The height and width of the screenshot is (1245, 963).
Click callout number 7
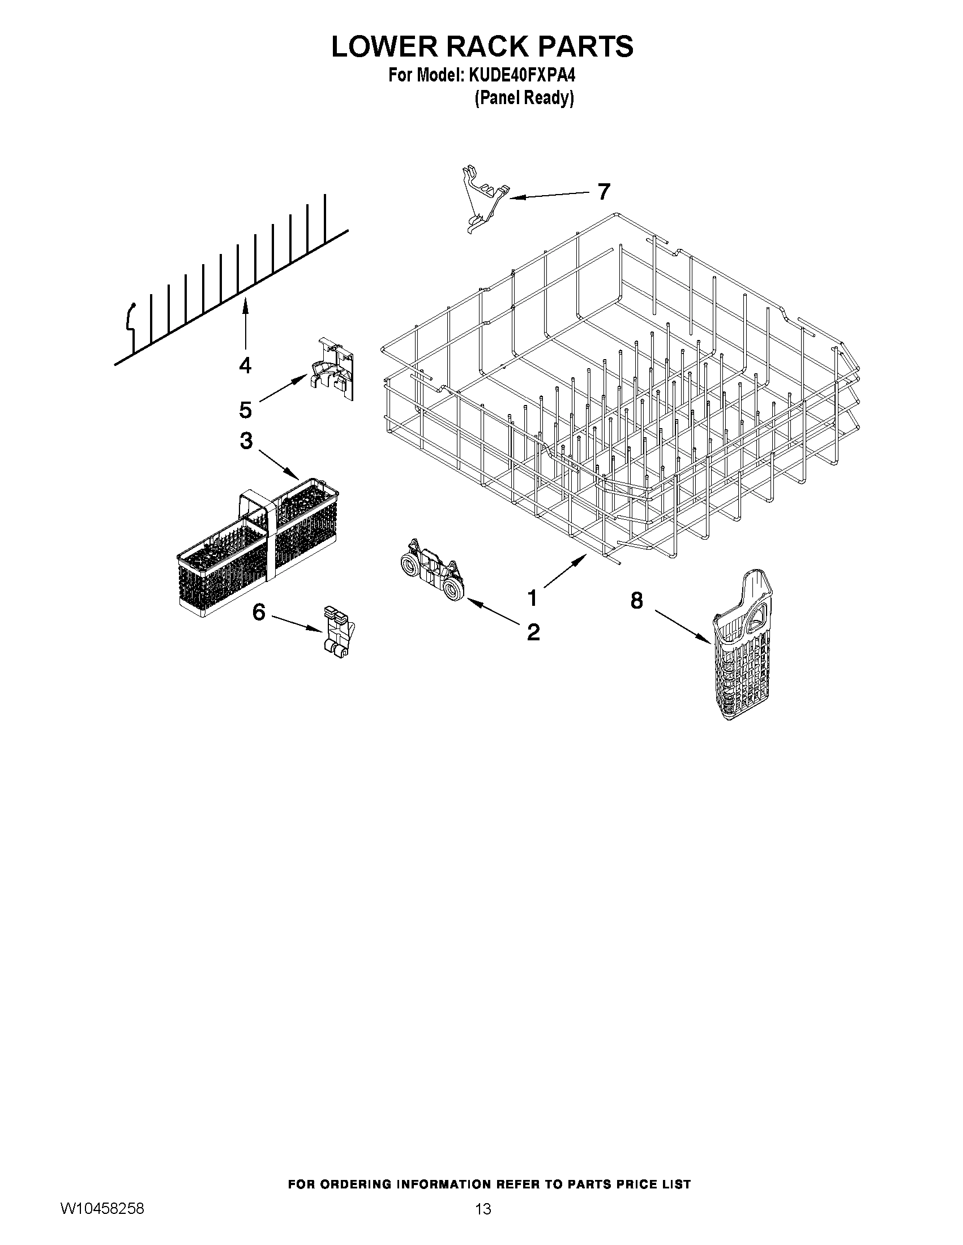(x=604, y=192)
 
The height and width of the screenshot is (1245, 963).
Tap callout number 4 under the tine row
(x=245, y=364)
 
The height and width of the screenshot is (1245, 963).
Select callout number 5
(x=245, y=410)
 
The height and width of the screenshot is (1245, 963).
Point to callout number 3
(x=246, y=440)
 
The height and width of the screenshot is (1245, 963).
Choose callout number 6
(x=258, y=612)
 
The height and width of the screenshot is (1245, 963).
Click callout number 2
(x=533, y=632)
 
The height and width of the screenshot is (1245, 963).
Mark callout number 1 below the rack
(x=532, y=598)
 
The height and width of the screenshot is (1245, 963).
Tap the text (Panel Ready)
(x=524, y=98)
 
